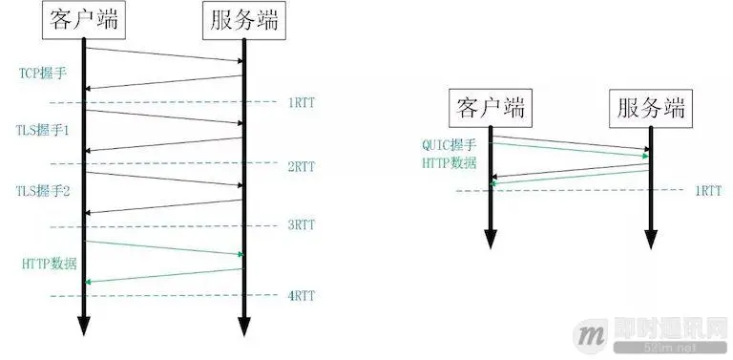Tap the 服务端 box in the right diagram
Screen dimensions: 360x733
(649, 108)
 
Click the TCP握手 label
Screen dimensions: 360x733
(40, 73)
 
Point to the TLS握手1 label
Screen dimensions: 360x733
(42, 129)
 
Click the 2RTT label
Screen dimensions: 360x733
(301, 165)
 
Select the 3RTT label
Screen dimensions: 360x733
(301, 227)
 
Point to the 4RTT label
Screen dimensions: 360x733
(301, 296)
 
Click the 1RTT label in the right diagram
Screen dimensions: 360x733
(706, 190)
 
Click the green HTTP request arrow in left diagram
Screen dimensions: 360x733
(163, 246)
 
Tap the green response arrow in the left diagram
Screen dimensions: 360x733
(163, 275)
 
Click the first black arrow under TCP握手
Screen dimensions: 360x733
(163, 53)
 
